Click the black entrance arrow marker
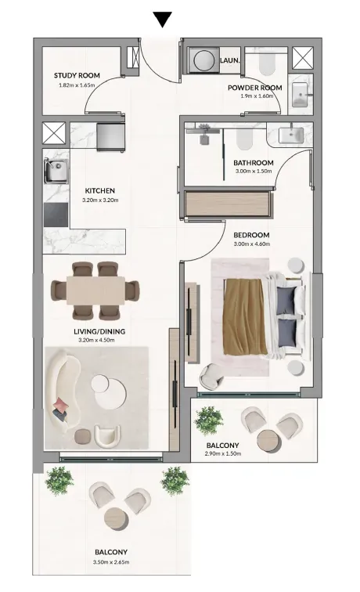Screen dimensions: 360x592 tap(163, 20)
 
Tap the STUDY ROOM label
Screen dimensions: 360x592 tap(77, 75)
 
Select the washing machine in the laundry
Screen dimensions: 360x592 tap(203, 60)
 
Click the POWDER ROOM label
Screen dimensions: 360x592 tap(254, 88)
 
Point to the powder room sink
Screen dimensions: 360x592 tap(301, 95)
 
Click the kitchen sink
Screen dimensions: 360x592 tap(56, 171)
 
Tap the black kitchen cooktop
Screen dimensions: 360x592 tap(56, 215)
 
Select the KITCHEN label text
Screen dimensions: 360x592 tap(100, 190)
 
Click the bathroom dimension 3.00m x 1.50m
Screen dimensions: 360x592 tap(254, 171)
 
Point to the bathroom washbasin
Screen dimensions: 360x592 tap(290, 135)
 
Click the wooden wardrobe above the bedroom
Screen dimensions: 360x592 tap(228, 204)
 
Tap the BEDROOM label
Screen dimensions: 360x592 tap(252, 235)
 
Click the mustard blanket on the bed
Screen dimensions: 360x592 tap(243, 316)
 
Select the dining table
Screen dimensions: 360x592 tap(95, 291)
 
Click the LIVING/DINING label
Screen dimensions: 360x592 tap(99, 331)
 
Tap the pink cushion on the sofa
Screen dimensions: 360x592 tap(61, 405)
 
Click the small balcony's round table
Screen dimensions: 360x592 tap(268, 440)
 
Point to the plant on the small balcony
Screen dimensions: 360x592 tap(209, 421)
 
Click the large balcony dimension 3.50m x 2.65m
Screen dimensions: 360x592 tap(111, 562)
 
